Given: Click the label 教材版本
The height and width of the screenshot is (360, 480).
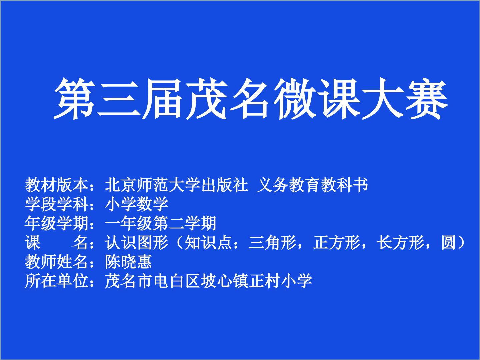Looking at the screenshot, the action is click(56, 185).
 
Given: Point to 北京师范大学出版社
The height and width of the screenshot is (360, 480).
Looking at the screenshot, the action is click(176, 185).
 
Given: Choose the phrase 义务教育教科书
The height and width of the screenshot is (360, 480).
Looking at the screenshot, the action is click(312, 185).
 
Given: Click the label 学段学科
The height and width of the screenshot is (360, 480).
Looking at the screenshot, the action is click(56, 204).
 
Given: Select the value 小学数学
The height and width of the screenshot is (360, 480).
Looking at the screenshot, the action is click(136, 204).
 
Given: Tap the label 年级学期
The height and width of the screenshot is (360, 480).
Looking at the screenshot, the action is click(56, 223).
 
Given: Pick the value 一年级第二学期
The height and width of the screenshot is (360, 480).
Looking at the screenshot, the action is click(160, 223).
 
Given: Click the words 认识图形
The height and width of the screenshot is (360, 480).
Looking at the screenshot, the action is click(136, 242).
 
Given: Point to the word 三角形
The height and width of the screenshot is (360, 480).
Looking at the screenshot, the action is click(272, 242).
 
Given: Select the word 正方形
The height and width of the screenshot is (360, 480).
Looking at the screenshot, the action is click(336, 242).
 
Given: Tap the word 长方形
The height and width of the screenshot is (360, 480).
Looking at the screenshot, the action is click(400, 242).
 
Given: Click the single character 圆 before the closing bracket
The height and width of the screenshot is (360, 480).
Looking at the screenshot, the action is click(448, 242).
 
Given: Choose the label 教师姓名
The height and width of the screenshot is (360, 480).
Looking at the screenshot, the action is click(56, 261).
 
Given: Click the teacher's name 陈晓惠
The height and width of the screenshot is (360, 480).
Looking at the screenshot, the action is click(128, 261).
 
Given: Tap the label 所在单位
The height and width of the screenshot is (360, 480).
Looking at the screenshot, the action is click(56, 281).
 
